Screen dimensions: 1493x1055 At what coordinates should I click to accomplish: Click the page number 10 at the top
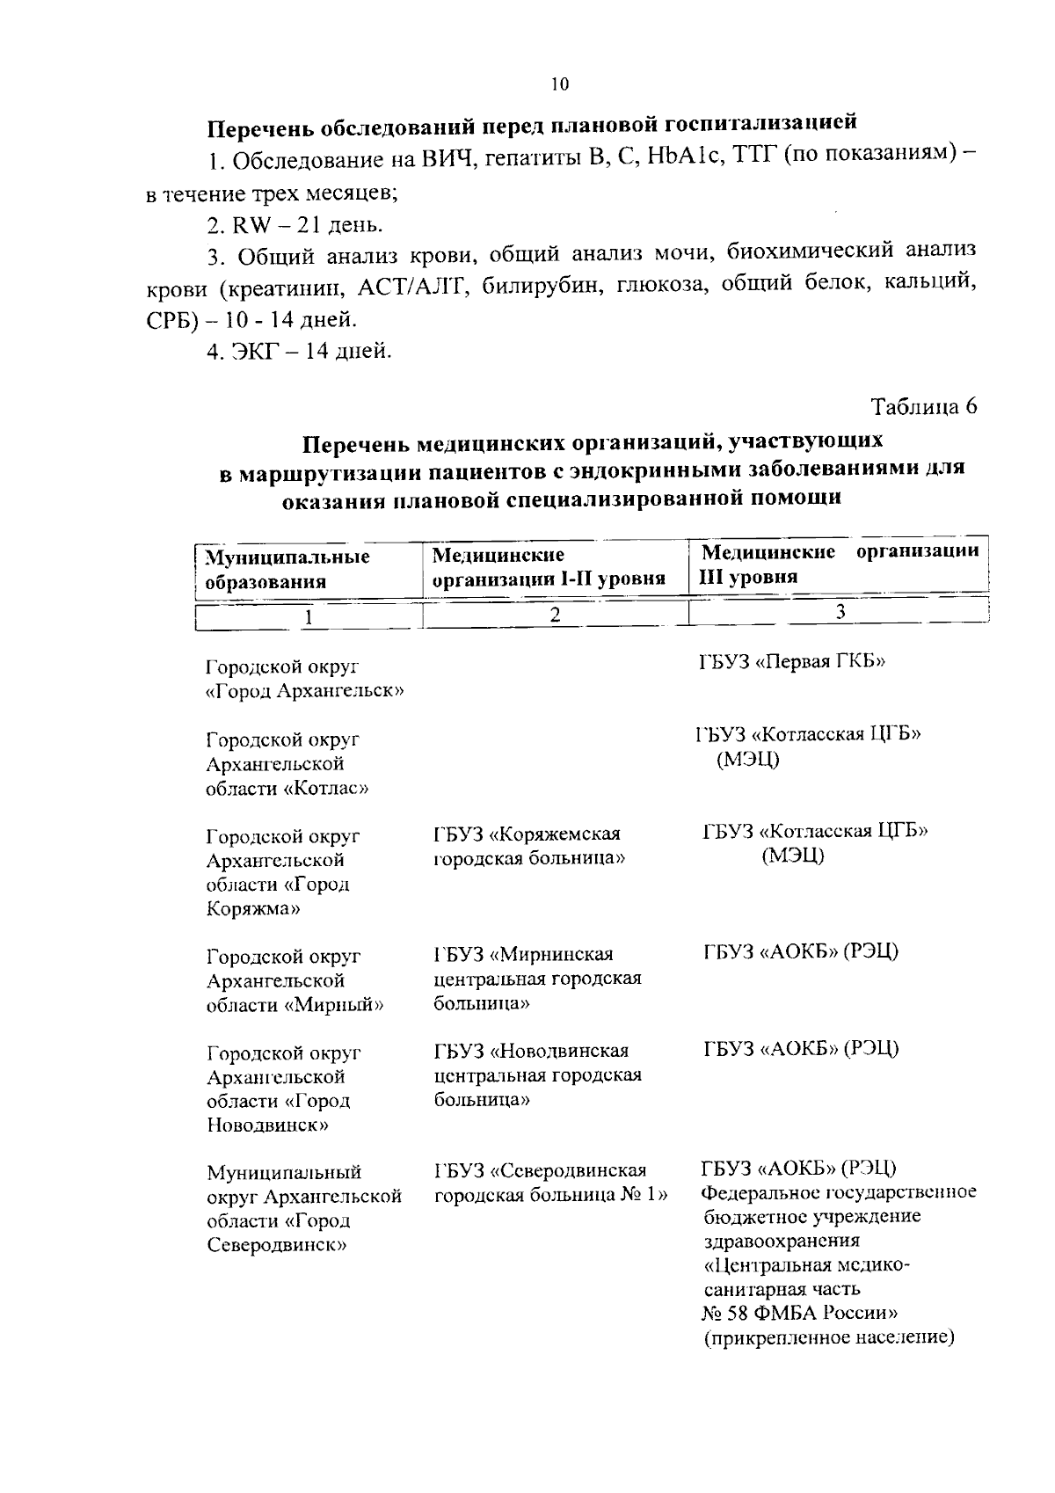click(560, 84)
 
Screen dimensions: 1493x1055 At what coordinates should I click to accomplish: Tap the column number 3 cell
click(840, 612)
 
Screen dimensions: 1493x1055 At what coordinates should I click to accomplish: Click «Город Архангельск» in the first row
click(304, 691)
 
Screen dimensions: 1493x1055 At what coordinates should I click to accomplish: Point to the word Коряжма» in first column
click(253, 909)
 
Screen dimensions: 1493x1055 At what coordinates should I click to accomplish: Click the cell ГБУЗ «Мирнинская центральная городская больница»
click(537, 978)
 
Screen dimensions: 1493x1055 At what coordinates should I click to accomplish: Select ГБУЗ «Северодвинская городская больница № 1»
click(551, 1183)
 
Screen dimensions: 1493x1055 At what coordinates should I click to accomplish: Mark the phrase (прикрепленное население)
click(828, 1338)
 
